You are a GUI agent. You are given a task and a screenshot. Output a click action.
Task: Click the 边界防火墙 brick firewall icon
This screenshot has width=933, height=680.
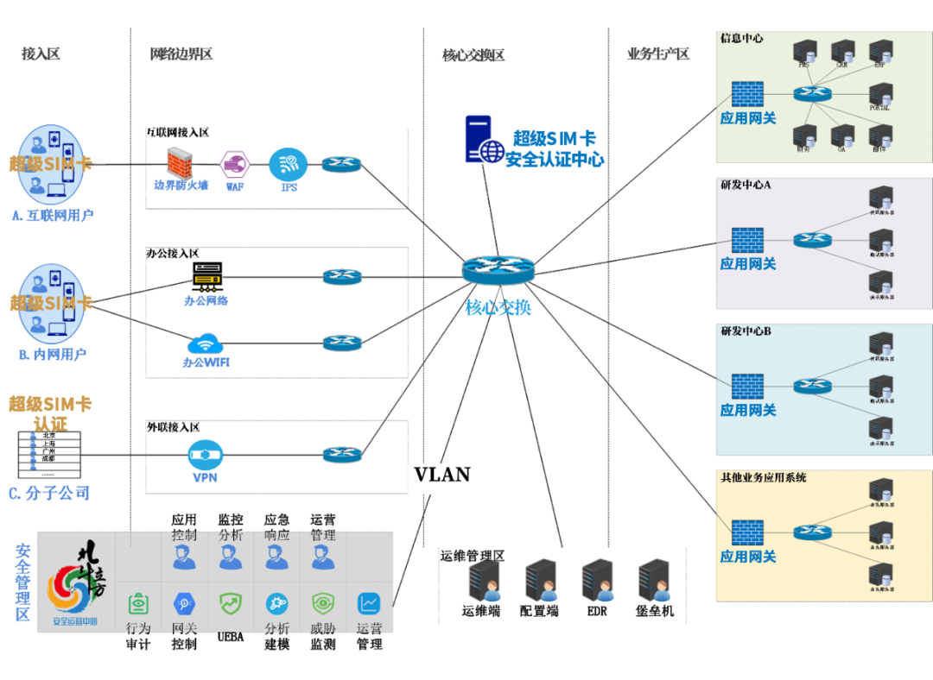[179, 161]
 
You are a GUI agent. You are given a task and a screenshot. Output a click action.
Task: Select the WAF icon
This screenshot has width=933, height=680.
[235, 163]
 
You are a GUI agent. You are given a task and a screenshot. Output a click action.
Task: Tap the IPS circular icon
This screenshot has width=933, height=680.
[288, 163]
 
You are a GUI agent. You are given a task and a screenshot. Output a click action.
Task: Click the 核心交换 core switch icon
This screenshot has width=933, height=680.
[498, 271]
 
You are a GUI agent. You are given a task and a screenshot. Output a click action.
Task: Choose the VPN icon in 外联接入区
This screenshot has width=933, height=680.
[205, 454]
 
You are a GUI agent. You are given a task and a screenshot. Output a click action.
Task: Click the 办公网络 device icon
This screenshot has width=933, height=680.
[207, 276]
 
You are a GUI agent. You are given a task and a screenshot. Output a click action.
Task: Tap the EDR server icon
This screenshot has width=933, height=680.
[597, 581]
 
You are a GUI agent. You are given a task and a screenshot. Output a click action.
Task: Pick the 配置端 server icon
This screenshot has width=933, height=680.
[541, 581]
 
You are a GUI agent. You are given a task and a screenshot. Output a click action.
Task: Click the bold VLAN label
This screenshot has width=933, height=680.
[442, 475]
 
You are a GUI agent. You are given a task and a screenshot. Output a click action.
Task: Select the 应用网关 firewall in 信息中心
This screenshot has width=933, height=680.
[747, 94]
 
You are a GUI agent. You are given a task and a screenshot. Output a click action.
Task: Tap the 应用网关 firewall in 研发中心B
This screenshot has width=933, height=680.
[747, 386]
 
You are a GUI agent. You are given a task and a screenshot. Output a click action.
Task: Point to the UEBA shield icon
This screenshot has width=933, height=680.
[231, 603]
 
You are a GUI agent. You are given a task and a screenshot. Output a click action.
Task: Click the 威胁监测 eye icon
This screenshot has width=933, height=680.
[323, 603]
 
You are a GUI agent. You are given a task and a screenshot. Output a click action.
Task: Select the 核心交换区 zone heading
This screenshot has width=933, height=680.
[473, 55]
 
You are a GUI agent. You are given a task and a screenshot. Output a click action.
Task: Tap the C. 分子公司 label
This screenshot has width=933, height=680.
[49, 494]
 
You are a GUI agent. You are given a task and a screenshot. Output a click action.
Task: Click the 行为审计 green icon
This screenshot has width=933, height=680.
[139, 603]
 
